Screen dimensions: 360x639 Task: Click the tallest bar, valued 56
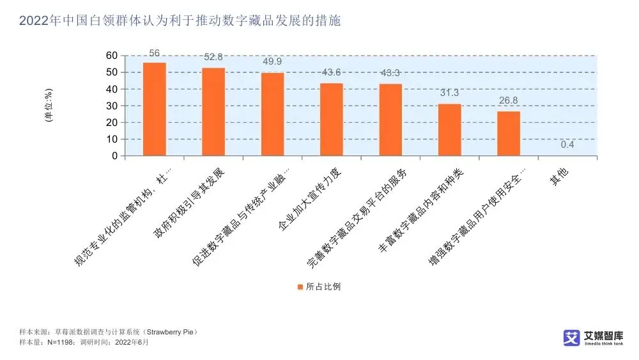(154, 109)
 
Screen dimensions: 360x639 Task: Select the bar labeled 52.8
(213, 111)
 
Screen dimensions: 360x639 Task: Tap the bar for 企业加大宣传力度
(331, 119)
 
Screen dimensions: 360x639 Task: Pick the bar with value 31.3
(449, 129)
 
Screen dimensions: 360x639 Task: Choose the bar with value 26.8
(509, 133)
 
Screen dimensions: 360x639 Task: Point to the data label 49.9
(272, 62)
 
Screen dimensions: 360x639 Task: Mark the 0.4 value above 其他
(567, 145)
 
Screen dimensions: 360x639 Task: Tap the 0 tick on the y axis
(114, 156)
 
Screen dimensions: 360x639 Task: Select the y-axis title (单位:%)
(49, 106)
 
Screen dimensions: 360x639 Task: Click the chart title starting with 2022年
(180, 21)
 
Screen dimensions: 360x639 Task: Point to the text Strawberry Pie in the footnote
(171, 332)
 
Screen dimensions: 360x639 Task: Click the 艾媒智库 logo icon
(571, 338)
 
